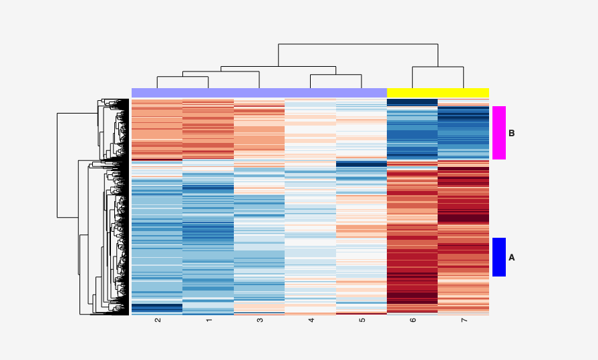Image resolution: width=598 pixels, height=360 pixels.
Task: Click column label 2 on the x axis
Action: click(158, 320)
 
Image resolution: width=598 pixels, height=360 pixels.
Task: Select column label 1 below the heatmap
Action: click(208, 320)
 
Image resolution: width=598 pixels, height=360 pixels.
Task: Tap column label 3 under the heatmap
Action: click(260, 320)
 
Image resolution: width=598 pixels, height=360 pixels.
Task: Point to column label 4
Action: click(311, 320)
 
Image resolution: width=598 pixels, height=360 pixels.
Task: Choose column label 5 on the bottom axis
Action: click(361, 320)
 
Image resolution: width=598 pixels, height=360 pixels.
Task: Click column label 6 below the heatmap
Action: click(412, 320)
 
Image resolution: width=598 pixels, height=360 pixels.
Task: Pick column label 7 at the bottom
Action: click(464, 320)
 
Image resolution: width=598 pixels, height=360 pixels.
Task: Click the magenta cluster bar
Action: click(499, 132)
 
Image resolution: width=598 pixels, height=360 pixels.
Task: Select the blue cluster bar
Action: click(499, 257)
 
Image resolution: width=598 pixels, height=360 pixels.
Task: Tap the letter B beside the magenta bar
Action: click(512, 134)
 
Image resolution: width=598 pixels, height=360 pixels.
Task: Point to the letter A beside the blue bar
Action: click(512, 258)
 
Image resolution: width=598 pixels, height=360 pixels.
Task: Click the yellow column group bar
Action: click(438, 93)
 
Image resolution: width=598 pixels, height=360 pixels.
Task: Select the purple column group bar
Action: click(259, 93)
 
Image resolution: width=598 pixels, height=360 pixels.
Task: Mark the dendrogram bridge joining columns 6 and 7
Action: click(438, 67)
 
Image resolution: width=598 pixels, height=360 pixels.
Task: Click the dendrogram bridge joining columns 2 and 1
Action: click(182, 77)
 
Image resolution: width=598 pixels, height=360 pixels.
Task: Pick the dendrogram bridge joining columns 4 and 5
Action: click(335, 75)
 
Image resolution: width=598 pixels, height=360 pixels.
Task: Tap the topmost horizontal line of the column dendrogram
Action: click(358, 44)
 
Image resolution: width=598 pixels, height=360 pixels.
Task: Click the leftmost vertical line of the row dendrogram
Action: click(57, 165)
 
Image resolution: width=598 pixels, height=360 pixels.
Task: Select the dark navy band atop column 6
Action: click(412, 102)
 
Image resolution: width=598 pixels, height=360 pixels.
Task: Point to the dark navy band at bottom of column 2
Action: click(157, 308)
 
